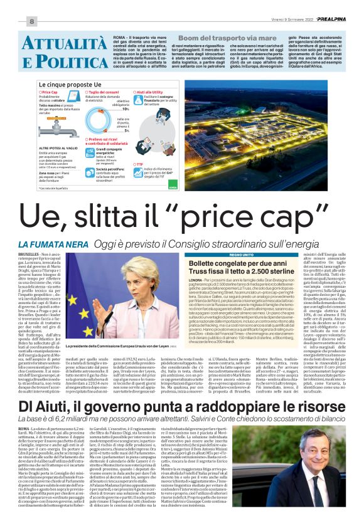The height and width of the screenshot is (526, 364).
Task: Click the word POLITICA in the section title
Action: pos(56,61)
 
